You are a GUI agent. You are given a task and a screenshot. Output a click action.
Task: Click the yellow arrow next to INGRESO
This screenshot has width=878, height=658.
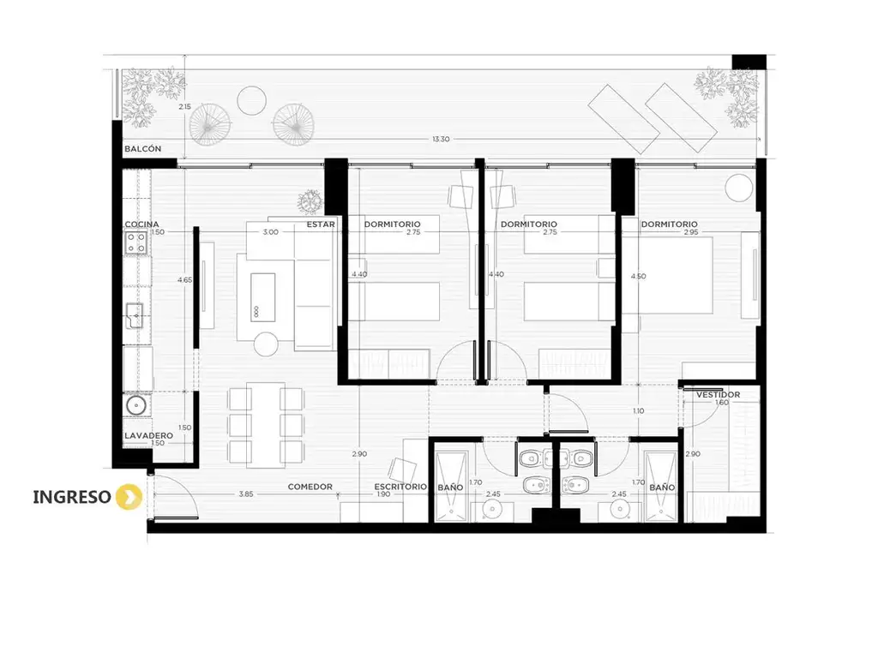[x=129, y=497]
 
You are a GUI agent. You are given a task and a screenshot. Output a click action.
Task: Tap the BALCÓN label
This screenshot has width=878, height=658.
[x=143, y=149]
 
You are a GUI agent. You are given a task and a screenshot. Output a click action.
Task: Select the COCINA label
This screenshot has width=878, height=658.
[x=141, y=224]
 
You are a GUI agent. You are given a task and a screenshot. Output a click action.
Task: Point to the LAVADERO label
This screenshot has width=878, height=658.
[x=148, y=435]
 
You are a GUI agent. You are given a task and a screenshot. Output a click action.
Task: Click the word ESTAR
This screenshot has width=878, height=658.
[x=321, y=224]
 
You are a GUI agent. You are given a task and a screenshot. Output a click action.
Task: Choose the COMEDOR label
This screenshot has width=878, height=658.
[x=310, y=487]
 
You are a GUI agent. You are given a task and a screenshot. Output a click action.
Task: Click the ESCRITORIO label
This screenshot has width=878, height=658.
[x=400, y=487]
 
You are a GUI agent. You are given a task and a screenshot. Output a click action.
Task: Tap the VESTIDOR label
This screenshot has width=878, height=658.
[x=718, y=394]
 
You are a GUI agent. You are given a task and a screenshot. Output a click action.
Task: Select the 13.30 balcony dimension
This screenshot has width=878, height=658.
[x=441, y=139]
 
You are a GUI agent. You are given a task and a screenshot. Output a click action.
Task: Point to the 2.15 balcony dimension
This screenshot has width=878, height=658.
[x=185, y=106]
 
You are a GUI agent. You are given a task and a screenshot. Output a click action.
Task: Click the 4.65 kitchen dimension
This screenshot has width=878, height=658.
[x=185, y=280]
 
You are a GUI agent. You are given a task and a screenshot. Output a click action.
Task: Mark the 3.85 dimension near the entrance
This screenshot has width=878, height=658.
[x=246, y=494]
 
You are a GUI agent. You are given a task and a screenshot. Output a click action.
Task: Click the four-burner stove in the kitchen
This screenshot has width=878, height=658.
[x=135, y=242]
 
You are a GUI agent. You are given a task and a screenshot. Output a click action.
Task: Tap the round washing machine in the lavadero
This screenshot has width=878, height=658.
[x=136, y=404]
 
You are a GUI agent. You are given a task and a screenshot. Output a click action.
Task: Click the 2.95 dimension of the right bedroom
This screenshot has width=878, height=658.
[x=691, y=232]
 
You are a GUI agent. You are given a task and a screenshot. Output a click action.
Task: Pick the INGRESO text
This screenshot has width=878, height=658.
[x=72, y=497]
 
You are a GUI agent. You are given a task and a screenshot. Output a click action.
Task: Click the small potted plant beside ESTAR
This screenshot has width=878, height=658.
[x=310, y=201]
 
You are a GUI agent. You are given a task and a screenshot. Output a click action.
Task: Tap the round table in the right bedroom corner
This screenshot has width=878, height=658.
[x=739, y=188]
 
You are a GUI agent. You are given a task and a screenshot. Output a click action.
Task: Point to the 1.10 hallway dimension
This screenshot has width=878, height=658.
[x=638, y=410]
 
